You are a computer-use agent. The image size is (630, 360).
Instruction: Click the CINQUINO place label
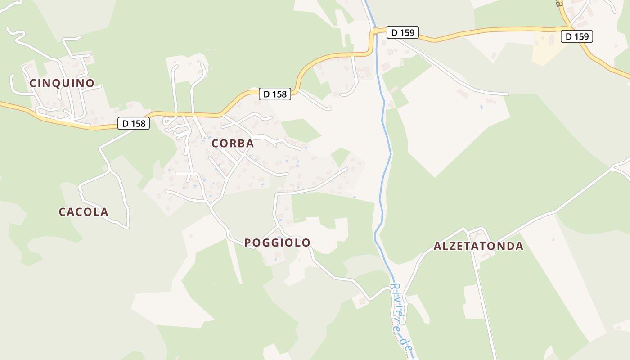[x=62, y=83]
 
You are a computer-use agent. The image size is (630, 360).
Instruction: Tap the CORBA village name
[x=233, y=144]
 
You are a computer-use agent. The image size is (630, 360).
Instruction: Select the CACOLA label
[x=84, y=212]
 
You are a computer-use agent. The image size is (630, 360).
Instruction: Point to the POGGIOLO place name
[x=277, y=243]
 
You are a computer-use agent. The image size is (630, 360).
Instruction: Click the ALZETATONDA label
[x=478, y=246]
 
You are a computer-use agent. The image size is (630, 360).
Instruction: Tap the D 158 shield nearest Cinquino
[x=134, y=123]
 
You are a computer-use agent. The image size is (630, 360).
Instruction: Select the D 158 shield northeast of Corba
[x=275, y=94]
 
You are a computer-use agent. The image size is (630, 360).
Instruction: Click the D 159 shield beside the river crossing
[x=403, y=32]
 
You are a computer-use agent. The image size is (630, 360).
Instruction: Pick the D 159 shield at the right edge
[x=577, y=36]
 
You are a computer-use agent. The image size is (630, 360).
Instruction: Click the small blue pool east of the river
[x=481, y=107]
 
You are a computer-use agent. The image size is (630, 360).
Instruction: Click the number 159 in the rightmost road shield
[x=581, y=36]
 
